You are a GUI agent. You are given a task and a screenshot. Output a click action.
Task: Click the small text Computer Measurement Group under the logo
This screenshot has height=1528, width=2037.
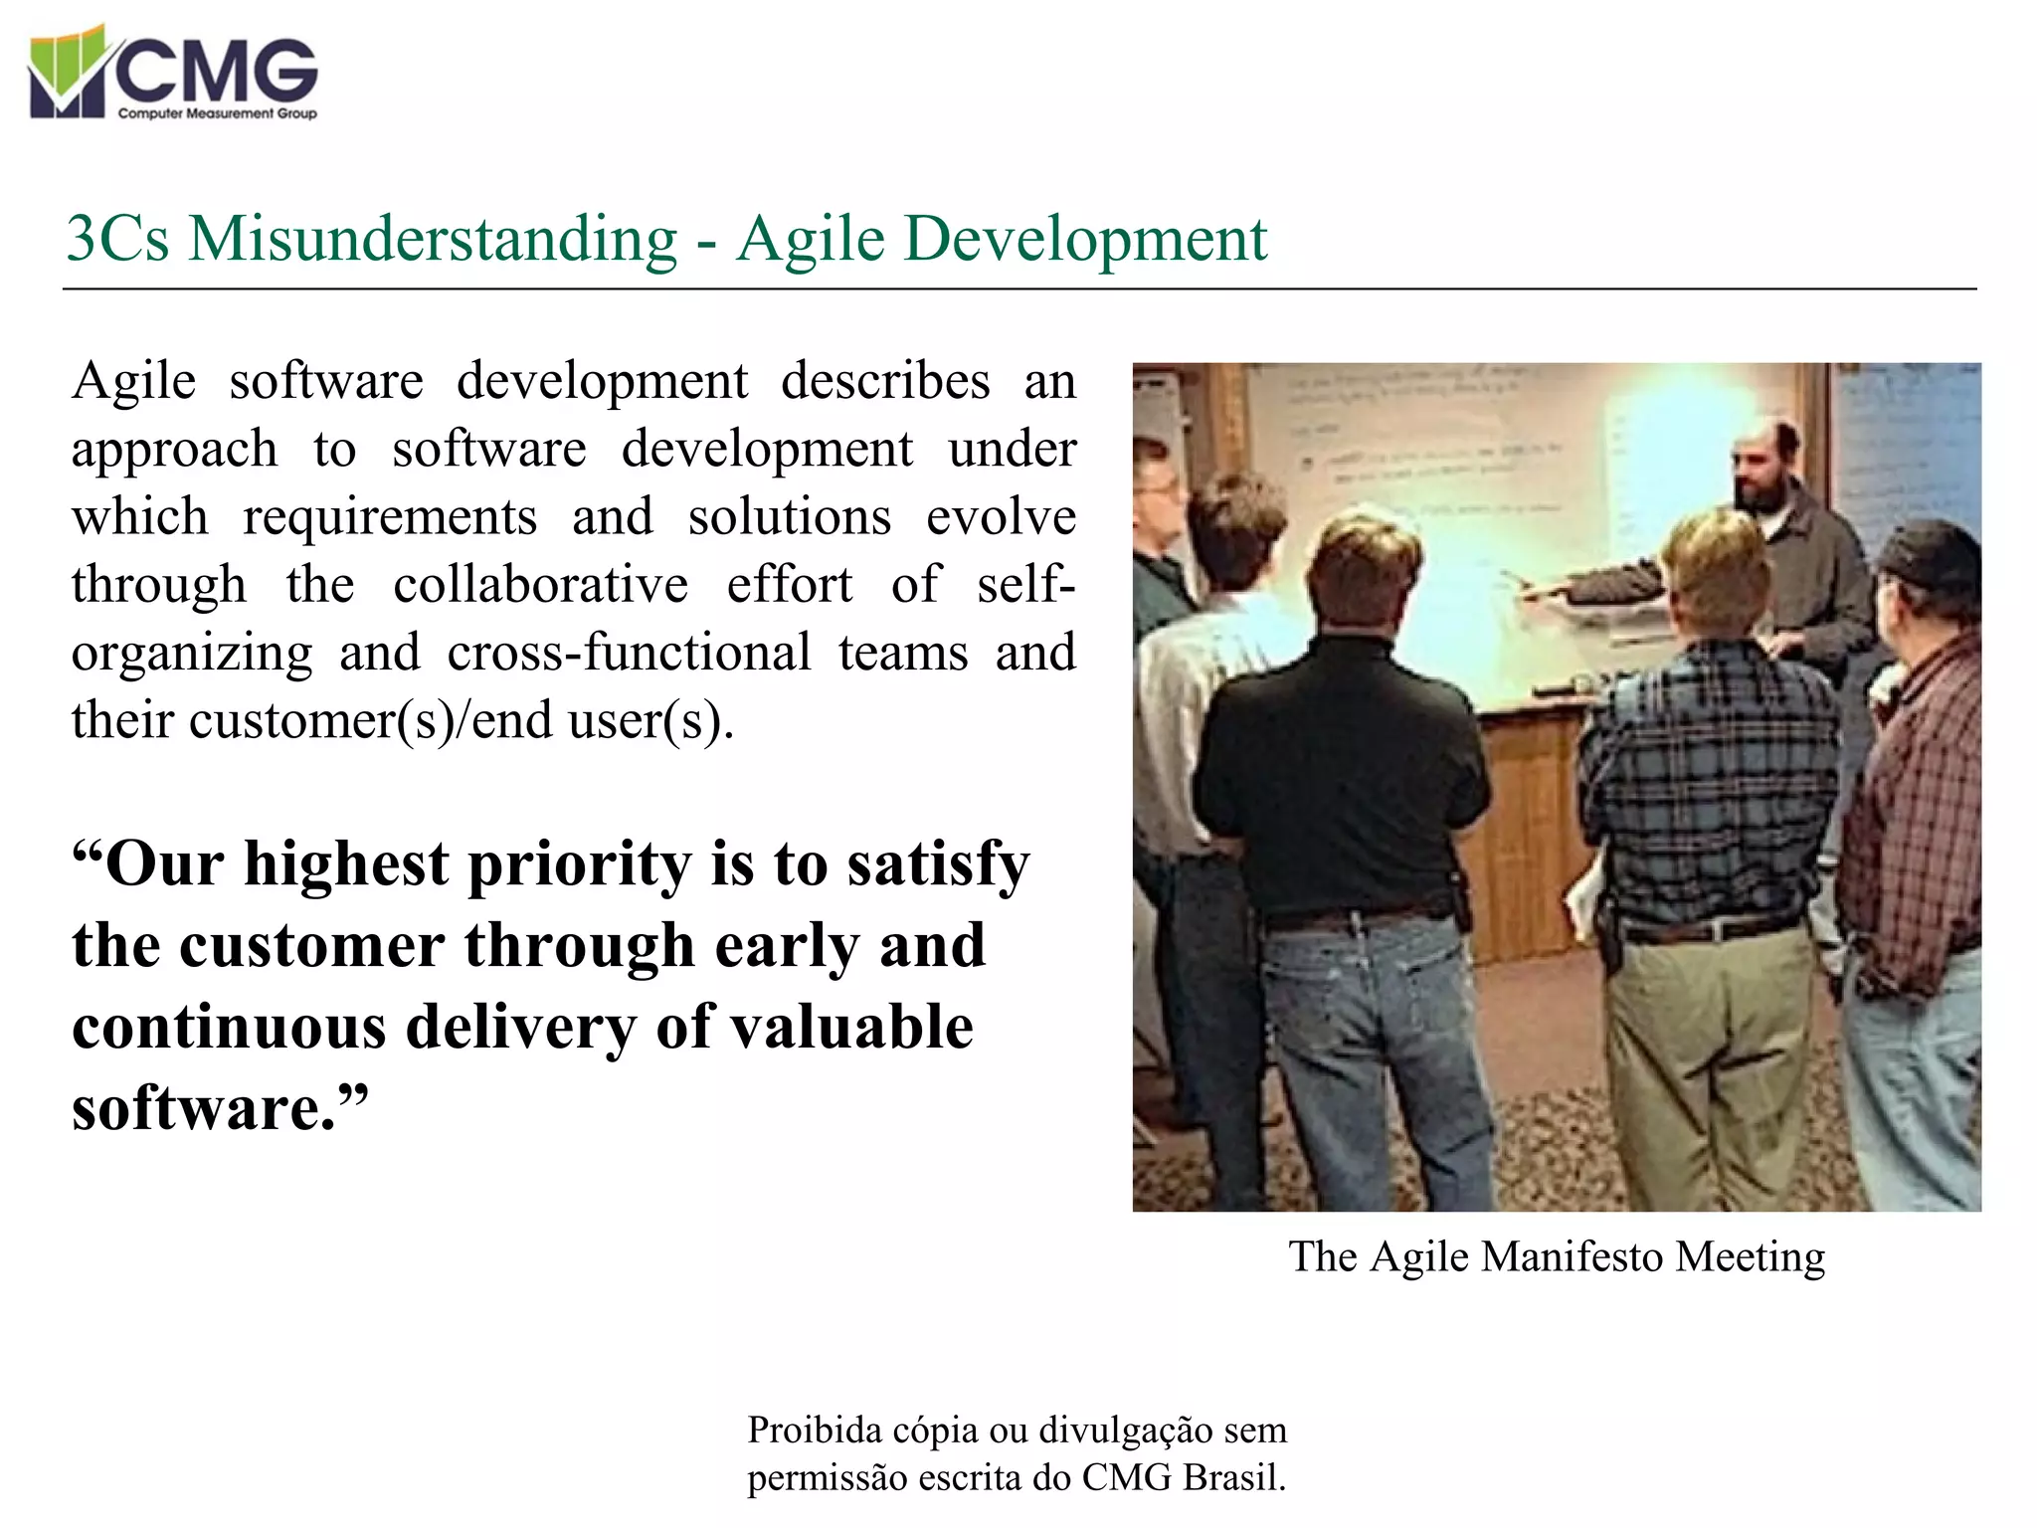tap(217, 113)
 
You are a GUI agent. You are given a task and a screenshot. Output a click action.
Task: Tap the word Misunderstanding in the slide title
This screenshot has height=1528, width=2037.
tap(433, 239)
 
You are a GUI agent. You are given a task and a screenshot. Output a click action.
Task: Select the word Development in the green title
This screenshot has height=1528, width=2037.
tap(1085, 239)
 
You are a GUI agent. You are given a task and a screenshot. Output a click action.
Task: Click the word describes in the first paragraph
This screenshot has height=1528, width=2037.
tap(885, 381)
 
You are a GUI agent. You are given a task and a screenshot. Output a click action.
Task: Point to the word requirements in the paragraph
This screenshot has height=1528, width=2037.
tap(390, 517)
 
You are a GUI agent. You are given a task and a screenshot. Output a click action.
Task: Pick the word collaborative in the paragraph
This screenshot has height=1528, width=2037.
tap(540, 585)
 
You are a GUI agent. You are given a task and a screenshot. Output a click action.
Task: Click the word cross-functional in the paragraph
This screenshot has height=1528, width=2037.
tap(629, 653)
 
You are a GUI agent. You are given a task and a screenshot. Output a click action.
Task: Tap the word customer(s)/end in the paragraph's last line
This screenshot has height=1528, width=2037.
tap(370, 720)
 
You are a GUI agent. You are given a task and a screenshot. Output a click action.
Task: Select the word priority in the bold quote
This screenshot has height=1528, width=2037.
tap(579, 863)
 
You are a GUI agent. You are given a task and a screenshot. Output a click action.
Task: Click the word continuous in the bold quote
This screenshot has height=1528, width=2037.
tap(229, 1027)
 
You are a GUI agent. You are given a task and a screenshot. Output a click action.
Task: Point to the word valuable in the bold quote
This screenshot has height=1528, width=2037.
tap(851, 1027)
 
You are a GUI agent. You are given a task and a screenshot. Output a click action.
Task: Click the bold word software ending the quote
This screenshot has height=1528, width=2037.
tap(204, 1108)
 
